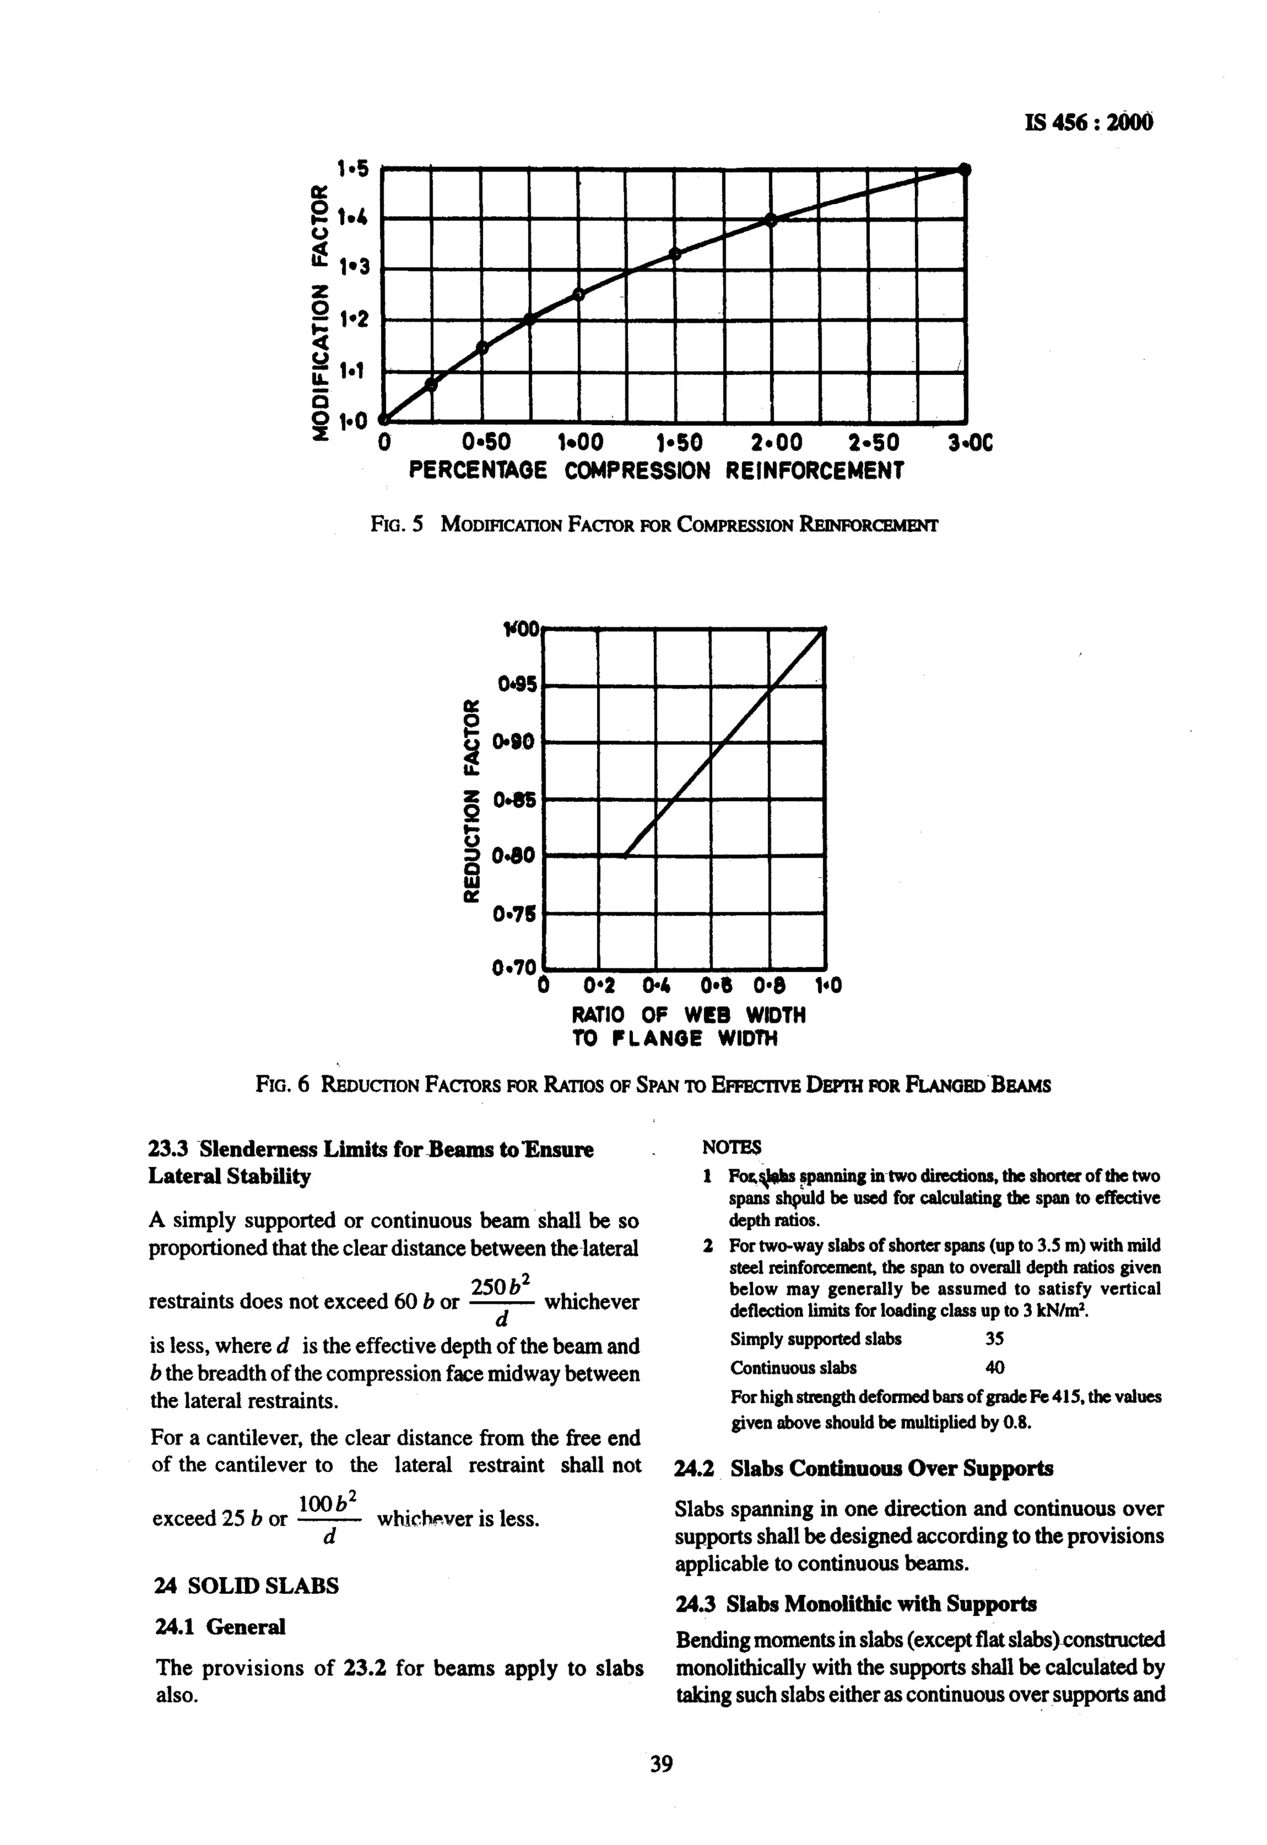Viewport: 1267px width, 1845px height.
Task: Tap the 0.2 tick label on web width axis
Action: (599, 986)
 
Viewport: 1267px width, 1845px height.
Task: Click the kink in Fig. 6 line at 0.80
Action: (625, 856)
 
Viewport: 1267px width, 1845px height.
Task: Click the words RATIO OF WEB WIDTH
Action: (689, 1015)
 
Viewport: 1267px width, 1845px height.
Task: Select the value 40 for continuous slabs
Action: (994, 1368)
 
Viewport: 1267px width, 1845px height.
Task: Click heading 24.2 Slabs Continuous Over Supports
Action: (864, 1469)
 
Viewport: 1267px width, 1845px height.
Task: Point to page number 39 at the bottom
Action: (661, 1764)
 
